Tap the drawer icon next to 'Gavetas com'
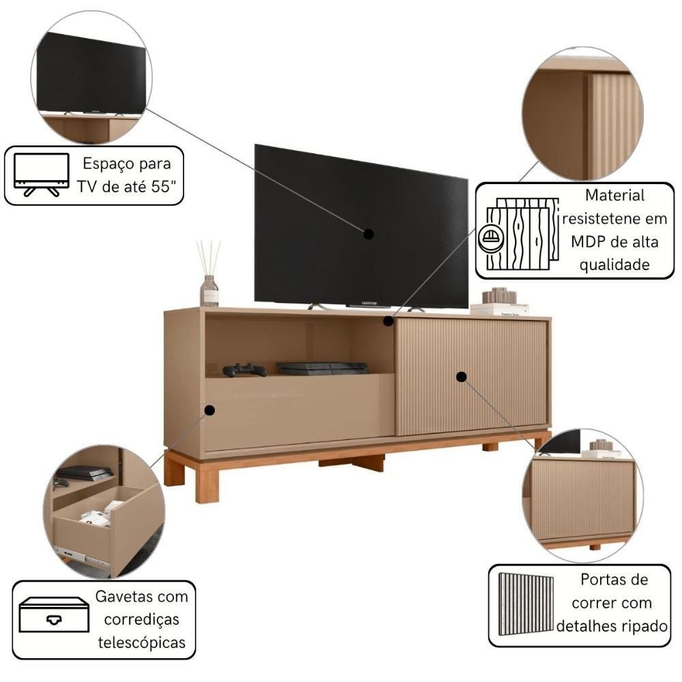click(54, 614)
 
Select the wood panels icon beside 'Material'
click(518, 234)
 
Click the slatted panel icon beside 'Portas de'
click(526, 604)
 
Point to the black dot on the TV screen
click(368, 234)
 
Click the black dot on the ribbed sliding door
click(462, 376)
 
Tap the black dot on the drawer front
click(209, 410)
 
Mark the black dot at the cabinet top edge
click(389, 321)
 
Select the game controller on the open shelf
click(244, 370)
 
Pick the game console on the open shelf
click(323, 368)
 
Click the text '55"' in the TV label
click(164, 187)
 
